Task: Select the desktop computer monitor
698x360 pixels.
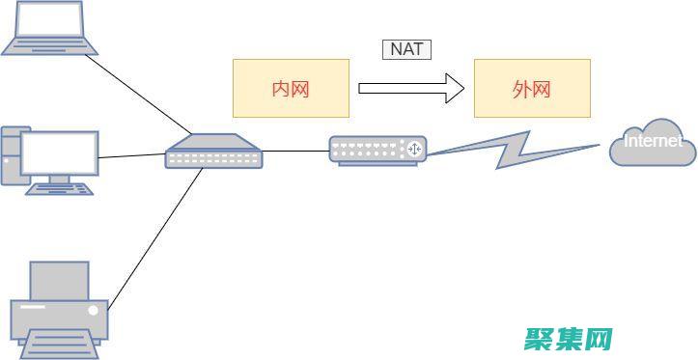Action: [60, 152]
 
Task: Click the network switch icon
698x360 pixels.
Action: [213, 152]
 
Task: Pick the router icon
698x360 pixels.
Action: [377, 150]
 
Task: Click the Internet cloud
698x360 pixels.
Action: [653, 142]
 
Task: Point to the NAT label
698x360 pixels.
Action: [406, 48]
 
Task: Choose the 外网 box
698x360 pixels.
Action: [531, 89]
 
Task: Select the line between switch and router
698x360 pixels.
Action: [295, 151]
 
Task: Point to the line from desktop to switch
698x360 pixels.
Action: [131, 154]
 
